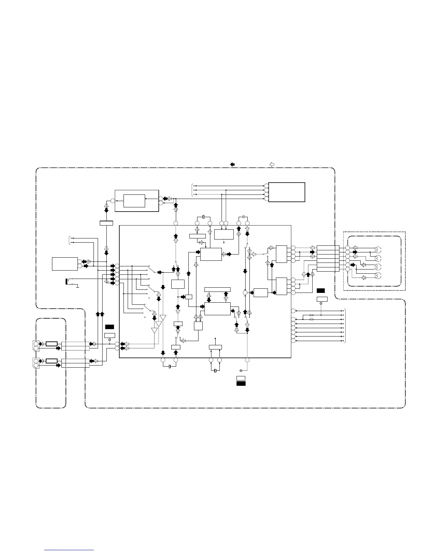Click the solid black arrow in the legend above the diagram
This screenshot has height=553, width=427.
[x=232, y=164]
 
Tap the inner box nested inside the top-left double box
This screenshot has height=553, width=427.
[x=134, y=201]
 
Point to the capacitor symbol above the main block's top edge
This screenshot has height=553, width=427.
[x=203, y=217]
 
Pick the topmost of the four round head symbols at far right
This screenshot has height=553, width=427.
[x=377, y=250]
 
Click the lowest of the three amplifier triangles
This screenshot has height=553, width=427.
[x=154, y=331]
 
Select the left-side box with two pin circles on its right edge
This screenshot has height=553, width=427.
[x=65, y=264]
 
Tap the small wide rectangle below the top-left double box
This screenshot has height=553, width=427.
[x=106, y=223]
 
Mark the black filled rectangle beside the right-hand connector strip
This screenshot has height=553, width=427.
[x=321, y=290]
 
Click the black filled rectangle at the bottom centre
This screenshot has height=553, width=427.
[x=241, y=383]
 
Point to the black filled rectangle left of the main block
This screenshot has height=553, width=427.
[x=110, y=327]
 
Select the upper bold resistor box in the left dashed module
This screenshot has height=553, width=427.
[x=52, y=344]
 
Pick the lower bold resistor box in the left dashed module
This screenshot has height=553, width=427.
[x=52, y=361]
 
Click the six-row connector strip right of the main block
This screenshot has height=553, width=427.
[x=328, y=258]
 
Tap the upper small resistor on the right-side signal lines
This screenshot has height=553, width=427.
[x=312, y=315]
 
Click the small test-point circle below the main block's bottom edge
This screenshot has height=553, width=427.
[x=241, y=370]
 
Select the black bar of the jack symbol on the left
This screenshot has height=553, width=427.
[x=67, y=282]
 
